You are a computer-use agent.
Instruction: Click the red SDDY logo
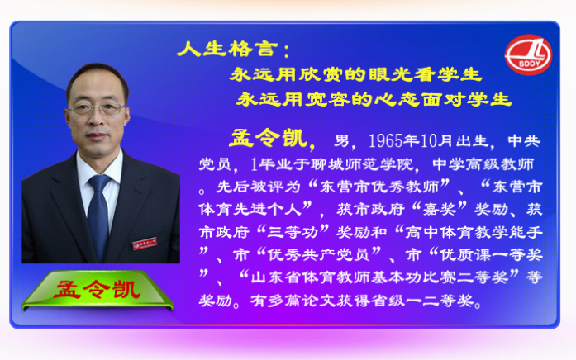(x=528, y=54)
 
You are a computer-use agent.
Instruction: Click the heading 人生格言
(x=228, y=49)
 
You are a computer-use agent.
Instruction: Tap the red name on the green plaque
(x=97, y=290)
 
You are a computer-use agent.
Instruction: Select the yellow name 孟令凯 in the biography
(x=269, y=139)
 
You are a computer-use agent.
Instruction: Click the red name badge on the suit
(x=145, y=244)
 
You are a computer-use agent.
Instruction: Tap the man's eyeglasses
(x=96, y=109)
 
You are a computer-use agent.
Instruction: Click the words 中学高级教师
(x=483, y=164)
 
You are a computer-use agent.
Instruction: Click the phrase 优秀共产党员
(x=318, y=254)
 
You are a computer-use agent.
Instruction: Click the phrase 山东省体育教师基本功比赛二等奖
(x=379, y=277)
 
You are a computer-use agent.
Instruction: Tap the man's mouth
(x=97, y=135)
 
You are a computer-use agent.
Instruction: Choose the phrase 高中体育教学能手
(x=474, y=232)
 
